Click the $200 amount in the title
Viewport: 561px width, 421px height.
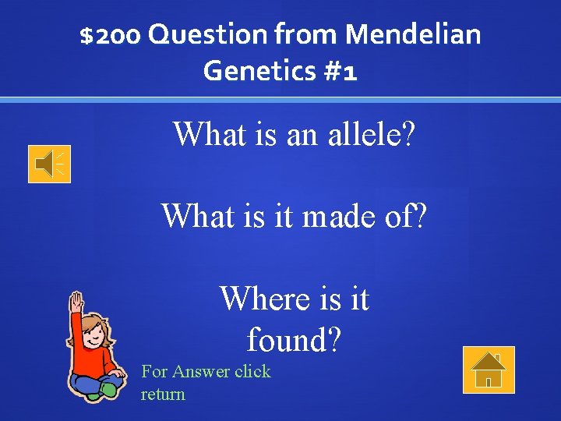coord(110,34)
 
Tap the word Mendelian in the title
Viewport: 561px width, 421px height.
coord(413,34)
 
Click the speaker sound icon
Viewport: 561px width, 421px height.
coord(49,164)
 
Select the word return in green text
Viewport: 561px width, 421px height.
coord(163,394)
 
